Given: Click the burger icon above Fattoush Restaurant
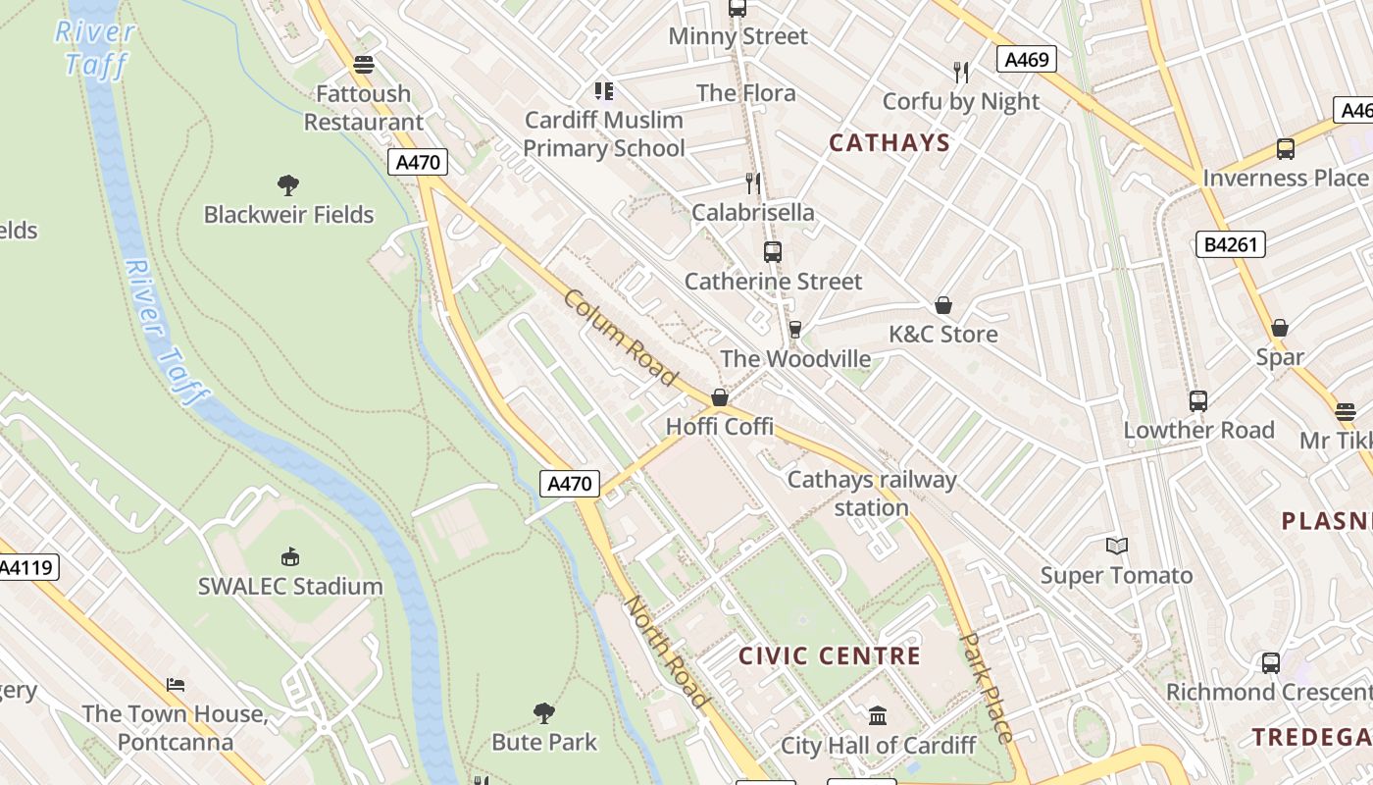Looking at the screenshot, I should [364, 65].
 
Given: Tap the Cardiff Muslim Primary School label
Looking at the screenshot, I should [603, 134].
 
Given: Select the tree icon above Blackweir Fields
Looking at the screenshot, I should [287, 184].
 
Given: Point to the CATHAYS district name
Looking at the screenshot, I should [890, 143].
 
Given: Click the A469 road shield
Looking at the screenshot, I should [1027, 60].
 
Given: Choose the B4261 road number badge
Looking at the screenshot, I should [1230, 244].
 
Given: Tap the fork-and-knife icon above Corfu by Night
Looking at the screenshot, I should [961, 72].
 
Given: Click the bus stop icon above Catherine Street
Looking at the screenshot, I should [773, 252].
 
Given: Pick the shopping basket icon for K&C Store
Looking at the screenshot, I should [943, 305].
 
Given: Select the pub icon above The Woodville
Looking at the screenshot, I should [795, 330].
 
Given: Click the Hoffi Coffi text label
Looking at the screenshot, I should [720, 427].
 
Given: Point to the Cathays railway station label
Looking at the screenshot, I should [871, 494].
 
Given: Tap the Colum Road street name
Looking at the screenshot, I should [620, 338].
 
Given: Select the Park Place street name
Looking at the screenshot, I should [986, 687].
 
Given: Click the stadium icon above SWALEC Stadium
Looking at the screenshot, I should [289, 557].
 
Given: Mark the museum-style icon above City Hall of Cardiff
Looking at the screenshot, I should [878, 716].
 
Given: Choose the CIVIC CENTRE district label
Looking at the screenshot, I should [829, 655].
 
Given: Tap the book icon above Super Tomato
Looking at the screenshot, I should [1116, 547].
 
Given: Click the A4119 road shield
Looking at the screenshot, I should [27, 567].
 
